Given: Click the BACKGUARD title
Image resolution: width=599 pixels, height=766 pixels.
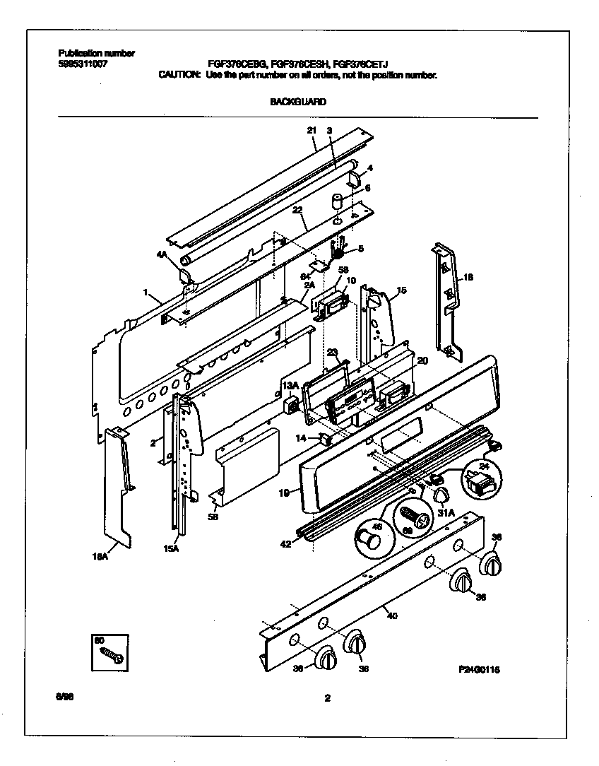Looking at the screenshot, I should tap(298, 102).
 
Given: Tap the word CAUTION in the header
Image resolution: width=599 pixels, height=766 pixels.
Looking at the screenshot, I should tap(179, 74).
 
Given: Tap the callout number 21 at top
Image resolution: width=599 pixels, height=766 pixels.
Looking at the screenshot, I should tap(312, 130).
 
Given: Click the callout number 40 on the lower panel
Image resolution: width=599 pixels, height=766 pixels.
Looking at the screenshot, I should tap(392, 615).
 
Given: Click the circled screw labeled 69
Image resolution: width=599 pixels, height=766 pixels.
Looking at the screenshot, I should tap(414, 514).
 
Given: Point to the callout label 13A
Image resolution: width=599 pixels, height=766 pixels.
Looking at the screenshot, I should tap(290, 384).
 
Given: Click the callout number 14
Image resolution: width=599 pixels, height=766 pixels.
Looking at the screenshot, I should tap(301, 439).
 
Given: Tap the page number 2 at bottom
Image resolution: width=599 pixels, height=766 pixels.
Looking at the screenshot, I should tap(327, 699).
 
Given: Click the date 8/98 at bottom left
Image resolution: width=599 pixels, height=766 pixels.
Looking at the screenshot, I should tap(64, 697).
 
